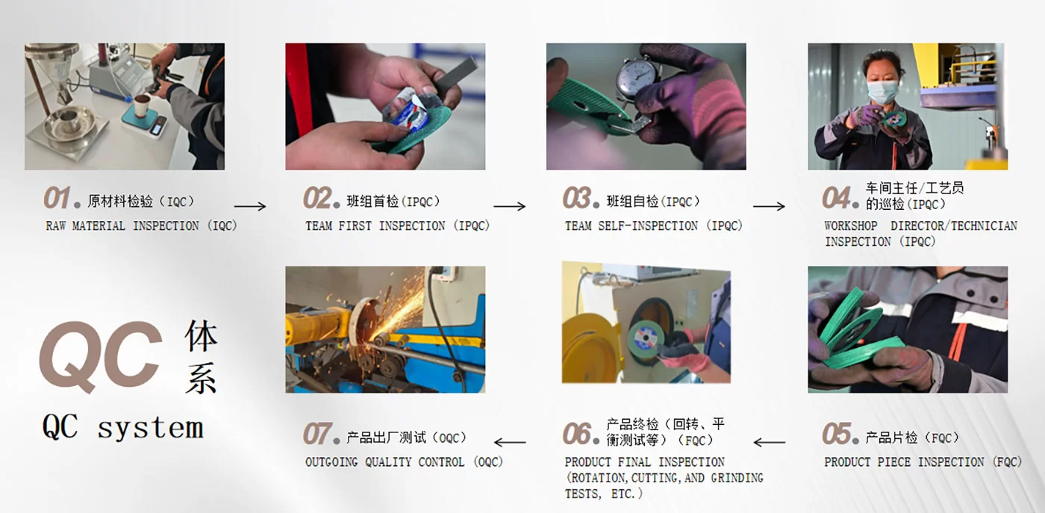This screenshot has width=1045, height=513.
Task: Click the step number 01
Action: tap(57, 198)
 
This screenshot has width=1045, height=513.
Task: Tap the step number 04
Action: tap(836, 198)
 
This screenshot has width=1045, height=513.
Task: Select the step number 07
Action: tap(316, 434)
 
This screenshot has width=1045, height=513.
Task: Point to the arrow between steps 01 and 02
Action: tap(250, 206)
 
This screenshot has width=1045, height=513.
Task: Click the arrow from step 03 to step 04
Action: tap(769, 206)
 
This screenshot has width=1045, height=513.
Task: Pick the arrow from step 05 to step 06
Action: tap(770, 442)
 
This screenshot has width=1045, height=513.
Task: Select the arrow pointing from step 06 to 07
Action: tap(510, 442)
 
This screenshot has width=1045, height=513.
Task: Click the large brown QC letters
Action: tap(101, 357)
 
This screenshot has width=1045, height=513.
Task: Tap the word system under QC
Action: tap(151, 428)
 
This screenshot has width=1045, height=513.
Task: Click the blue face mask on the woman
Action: tap(882, 92)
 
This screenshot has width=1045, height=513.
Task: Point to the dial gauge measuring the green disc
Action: tap(635, 78)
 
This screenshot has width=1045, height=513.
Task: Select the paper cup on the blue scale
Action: tap(143, 106)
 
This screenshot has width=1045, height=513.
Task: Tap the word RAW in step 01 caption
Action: tap(55, 226)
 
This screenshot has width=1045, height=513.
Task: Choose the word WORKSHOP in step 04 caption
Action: tap(851, 226)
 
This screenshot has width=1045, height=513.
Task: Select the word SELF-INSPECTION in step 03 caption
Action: tap(648, 226)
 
